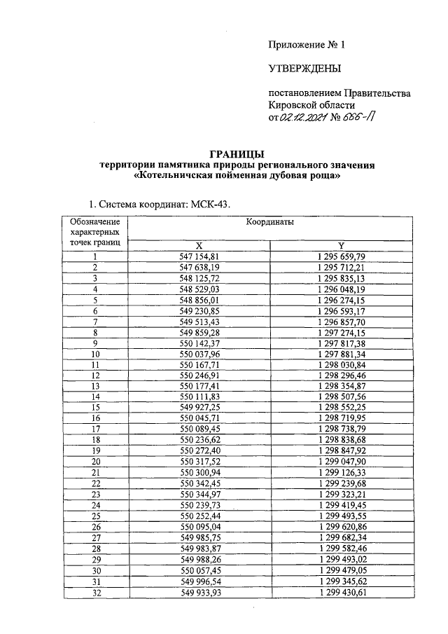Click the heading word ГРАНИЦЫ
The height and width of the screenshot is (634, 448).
[x=237, y=153]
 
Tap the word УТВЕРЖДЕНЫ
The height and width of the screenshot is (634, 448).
[x=304, y=69]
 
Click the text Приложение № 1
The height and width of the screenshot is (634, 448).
[x=307, y=45]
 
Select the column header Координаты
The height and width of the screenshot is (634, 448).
[x=269, y=221]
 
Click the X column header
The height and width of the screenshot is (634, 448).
[x=199, y=245]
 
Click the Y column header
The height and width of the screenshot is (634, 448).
[x=341, y=245]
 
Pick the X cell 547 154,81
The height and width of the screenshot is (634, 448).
[x=199, y=256]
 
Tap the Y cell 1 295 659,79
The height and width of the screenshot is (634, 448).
[x=341, y=256]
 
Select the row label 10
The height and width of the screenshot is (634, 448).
[x=94, y=354]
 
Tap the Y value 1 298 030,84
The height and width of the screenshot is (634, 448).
[x=341, y=365]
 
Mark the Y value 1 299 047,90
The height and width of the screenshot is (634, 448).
[x=341, y=463]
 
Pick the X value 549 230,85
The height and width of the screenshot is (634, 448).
[x=199, y=310]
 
